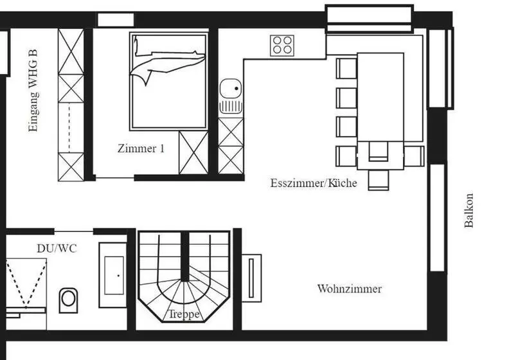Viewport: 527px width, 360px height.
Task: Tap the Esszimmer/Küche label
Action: [313, 183]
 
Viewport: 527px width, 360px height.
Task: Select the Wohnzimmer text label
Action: [349, 289]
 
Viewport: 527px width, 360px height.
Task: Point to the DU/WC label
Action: [56, 248]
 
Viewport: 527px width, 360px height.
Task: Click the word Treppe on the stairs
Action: [184, 315]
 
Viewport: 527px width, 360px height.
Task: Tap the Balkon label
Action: [469, 210]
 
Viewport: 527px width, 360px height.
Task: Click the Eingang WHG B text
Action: [33, 96]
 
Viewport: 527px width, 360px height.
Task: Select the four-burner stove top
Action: [281, 44]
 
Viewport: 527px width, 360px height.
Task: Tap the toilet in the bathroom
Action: [68, 300]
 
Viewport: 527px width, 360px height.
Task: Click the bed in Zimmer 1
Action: [168, 81]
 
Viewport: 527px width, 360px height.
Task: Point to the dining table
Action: [380, 103]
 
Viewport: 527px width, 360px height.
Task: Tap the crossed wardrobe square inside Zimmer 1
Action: [193, 152]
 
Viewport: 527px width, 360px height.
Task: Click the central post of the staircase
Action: [184, 257]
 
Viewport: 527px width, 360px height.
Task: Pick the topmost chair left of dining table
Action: [346, 68]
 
